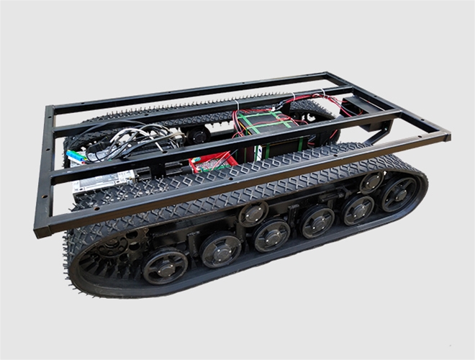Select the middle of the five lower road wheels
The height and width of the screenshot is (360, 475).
[x=271, y=235]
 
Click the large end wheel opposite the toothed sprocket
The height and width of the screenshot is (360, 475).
[x=399, y=192]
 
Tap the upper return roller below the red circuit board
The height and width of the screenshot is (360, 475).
[x=253, y=212]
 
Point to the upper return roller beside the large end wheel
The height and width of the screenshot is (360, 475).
[x=371, y=181]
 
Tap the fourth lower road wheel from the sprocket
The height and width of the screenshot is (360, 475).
[x=317, y=222]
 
